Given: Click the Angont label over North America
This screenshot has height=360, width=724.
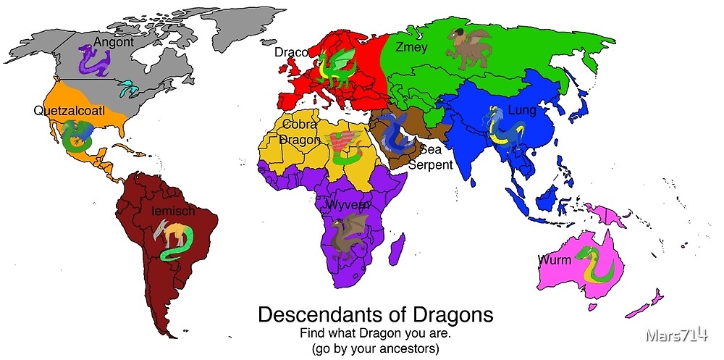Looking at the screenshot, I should pos(113,42).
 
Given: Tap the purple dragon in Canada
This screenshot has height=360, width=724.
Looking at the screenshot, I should pos(93,60).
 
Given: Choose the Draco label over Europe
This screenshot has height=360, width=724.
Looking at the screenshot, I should pos(291,52).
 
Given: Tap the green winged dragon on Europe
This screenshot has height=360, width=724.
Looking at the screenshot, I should pos(335,67).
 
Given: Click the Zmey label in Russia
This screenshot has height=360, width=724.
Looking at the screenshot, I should pos(411,48).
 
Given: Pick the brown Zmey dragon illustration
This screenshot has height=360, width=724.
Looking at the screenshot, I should pos(468,47).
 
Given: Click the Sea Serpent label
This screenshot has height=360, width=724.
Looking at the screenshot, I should pos(431,157).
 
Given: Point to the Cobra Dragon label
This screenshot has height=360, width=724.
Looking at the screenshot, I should pos(300,132).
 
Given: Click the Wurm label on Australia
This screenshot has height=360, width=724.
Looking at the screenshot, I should pos(555,259).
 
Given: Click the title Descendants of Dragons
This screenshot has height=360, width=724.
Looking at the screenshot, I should pos(375,315).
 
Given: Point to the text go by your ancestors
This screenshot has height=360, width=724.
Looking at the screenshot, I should pos(375,348).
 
